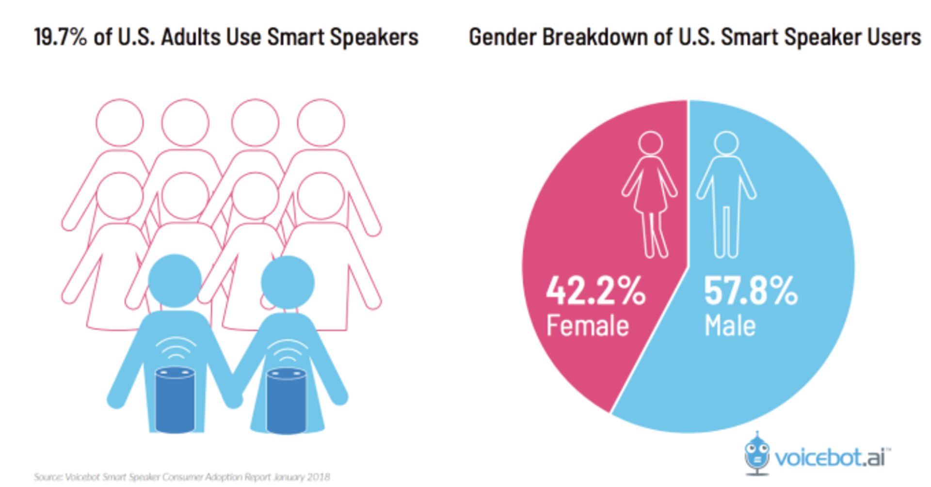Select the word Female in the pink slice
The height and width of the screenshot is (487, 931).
tap(587, 326)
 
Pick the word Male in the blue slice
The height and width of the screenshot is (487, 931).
tap(730, 326)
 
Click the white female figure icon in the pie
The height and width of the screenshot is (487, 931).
tap(650, 194)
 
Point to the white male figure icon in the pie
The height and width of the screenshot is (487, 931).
tap(726, 194)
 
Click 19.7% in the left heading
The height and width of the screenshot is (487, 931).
tap(60, 37)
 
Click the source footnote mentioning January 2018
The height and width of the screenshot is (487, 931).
tap(182, 477)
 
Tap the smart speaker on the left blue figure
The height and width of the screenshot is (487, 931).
tap(175, 400)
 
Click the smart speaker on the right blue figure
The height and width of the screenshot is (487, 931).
tap(286, 401)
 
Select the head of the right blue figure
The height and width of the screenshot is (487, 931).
tap(288, 282)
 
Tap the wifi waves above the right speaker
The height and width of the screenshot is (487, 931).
tap(287, 353)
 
